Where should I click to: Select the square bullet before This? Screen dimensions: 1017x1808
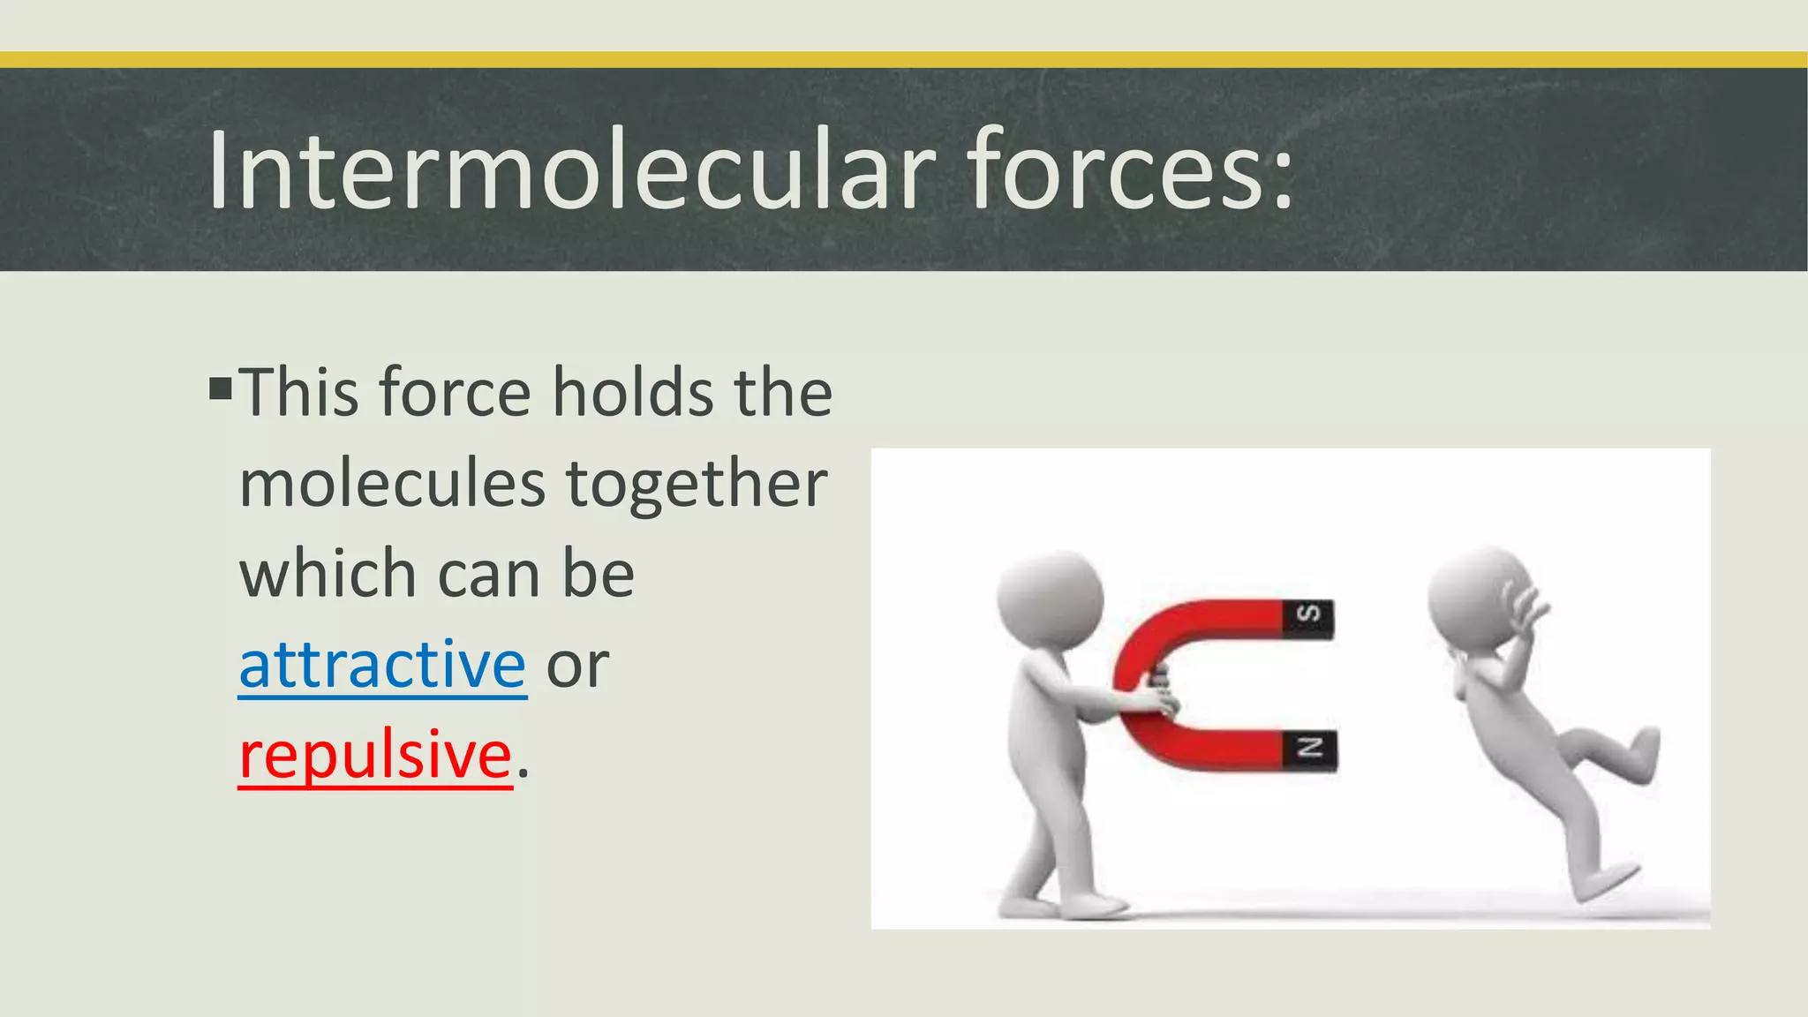[x=221, y=388]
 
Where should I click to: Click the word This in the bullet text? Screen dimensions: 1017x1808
[x=298, y=392]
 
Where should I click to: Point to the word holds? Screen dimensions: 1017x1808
[x=633, y=392]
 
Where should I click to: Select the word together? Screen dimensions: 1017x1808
[x=697, y=486]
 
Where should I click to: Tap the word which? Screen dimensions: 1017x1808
[x=328, y=574]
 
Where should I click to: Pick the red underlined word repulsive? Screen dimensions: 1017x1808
[x=375, y=756]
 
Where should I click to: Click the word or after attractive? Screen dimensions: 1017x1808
[x=577, y=666]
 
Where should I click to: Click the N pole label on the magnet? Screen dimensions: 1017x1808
[x=1309, y=749]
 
